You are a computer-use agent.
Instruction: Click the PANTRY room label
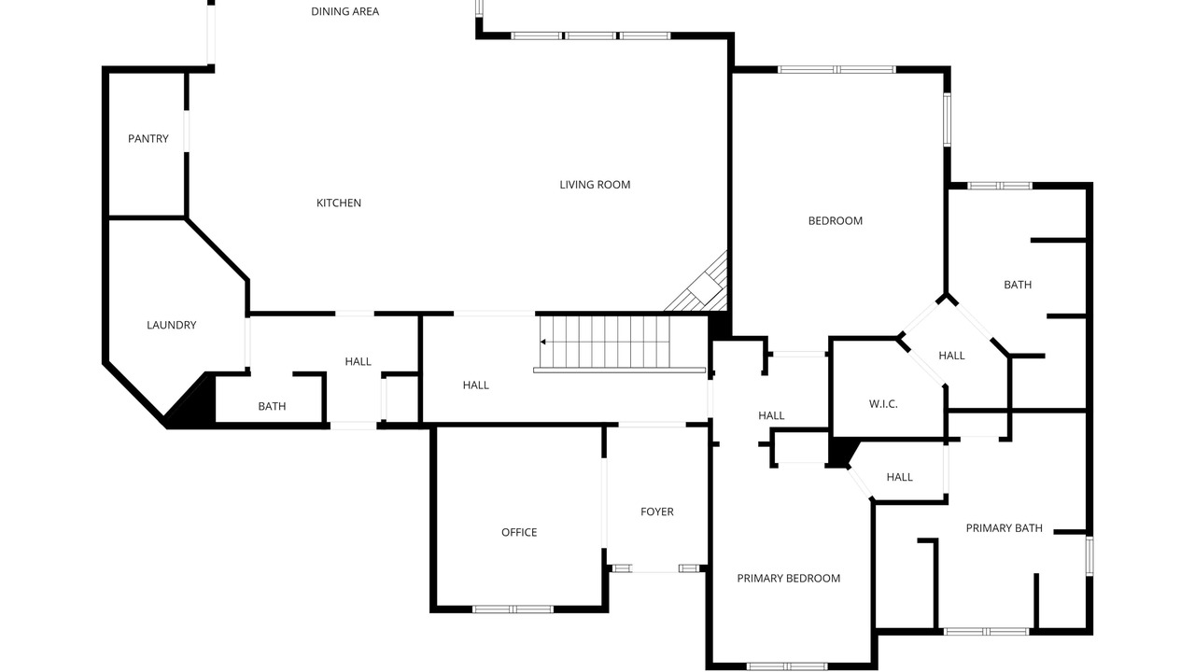tap(148, 139)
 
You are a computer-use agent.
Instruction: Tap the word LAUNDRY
tap(171, 325)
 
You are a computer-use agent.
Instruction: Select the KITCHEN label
tap(339, 203)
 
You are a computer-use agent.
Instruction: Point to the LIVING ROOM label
tap(595, 185)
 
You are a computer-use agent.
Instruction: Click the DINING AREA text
tap(345, 11)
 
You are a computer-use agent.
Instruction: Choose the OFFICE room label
tap(519, 532)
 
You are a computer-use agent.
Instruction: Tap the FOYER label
tap(656, 511)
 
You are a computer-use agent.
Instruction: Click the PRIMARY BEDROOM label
tap(789, 578)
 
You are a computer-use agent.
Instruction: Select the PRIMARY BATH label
tap(1004, 528)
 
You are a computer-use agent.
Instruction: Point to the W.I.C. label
tap(883, 404)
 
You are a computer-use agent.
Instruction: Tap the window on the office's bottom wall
tap(513, 609)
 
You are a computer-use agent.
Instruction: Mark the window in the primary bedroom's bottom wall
tap(787, 666)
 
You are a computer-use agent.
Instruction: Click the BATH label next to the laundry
tap(272, 406)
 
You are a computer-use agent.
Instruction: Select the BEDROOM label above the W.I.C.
tap(835, 221)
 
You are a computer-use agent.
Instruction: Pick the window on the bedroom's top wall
tap(836, 69)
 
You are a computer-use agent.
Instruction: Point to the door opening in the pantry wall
tap(186, 132)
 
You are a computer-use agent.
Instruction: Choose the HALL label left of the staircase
tap(476, 385)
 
